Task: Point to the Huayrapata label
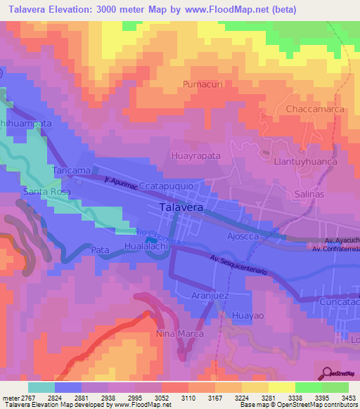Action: [196, 155]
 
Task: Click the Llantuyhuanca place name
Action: [305, 161]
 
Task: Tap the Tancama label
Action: [72, 171]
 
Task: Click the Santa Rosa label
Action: [47, 191]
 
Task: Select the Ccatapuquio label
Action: [172, 187]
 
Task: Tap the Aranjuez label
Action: [211, 296]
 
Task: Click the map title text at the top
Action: [151, 9]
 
